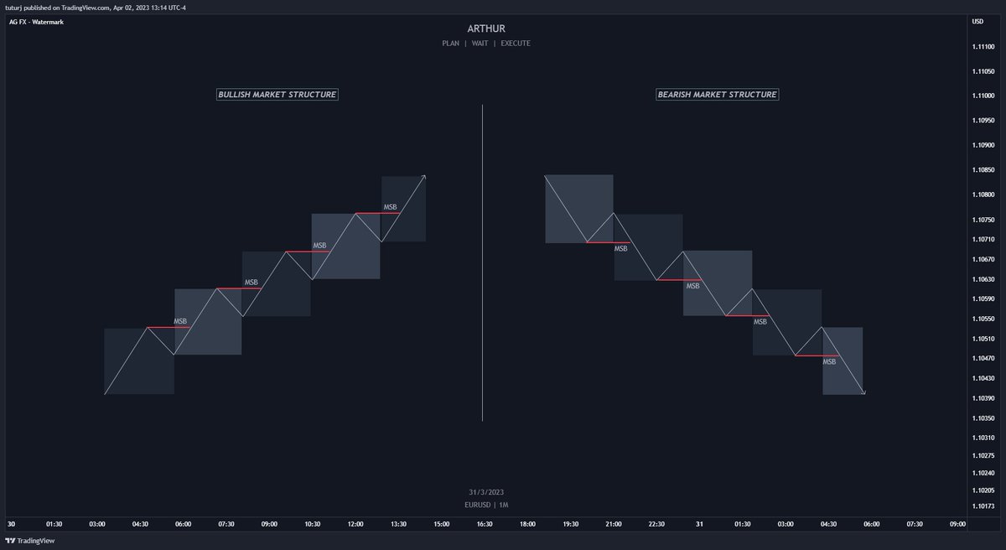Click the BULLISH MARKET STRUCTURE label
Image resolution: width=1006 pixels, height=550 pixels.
coord(277,95)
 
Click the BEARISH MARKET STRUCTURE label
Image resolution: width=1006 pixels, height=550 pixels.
coord(717,95)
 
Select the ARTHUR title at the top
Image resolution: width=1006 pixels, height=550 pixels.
coord(485,29)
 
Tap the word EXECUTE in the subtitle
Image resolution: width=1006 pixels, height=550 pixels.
coord(516,43)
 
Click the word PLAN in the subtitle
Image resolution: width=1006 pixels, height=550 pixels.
coord(450,43)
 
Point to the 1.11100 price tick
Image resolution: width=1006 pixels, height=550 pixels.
coord(983,47)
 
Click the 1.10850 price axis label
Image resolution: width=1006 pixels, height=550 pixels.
coord(983,169)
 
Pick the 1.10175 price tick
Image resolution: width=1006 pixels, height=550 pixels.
coord(983,506)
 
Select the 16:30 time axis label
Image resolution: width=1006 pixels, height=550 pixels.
coord(485,524)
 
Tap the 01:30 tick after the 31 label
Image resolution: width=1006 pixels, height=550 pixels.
coord(743,524)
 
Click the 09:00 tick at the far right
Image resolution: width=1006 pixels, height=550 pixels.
coord(957,524)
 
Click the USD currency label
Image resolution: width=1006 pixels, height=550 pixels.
coord(977,22)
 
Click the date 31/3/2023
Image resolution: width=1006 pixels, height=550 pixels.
coord(486,491)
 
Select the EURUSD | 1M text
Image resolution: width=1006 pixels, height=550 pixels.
coord(486,505)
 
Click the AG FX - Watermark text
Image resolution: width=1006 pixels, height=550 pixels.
coord(42,22)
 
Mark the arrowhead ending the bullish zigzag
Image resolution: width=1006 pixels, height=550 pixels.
coord(425,176)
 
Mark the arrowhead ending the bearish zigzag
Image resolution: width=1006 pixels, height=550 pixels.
coord(863,392)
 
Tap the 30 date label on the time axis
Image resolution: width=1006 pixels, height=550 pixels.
coord(11,524)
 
